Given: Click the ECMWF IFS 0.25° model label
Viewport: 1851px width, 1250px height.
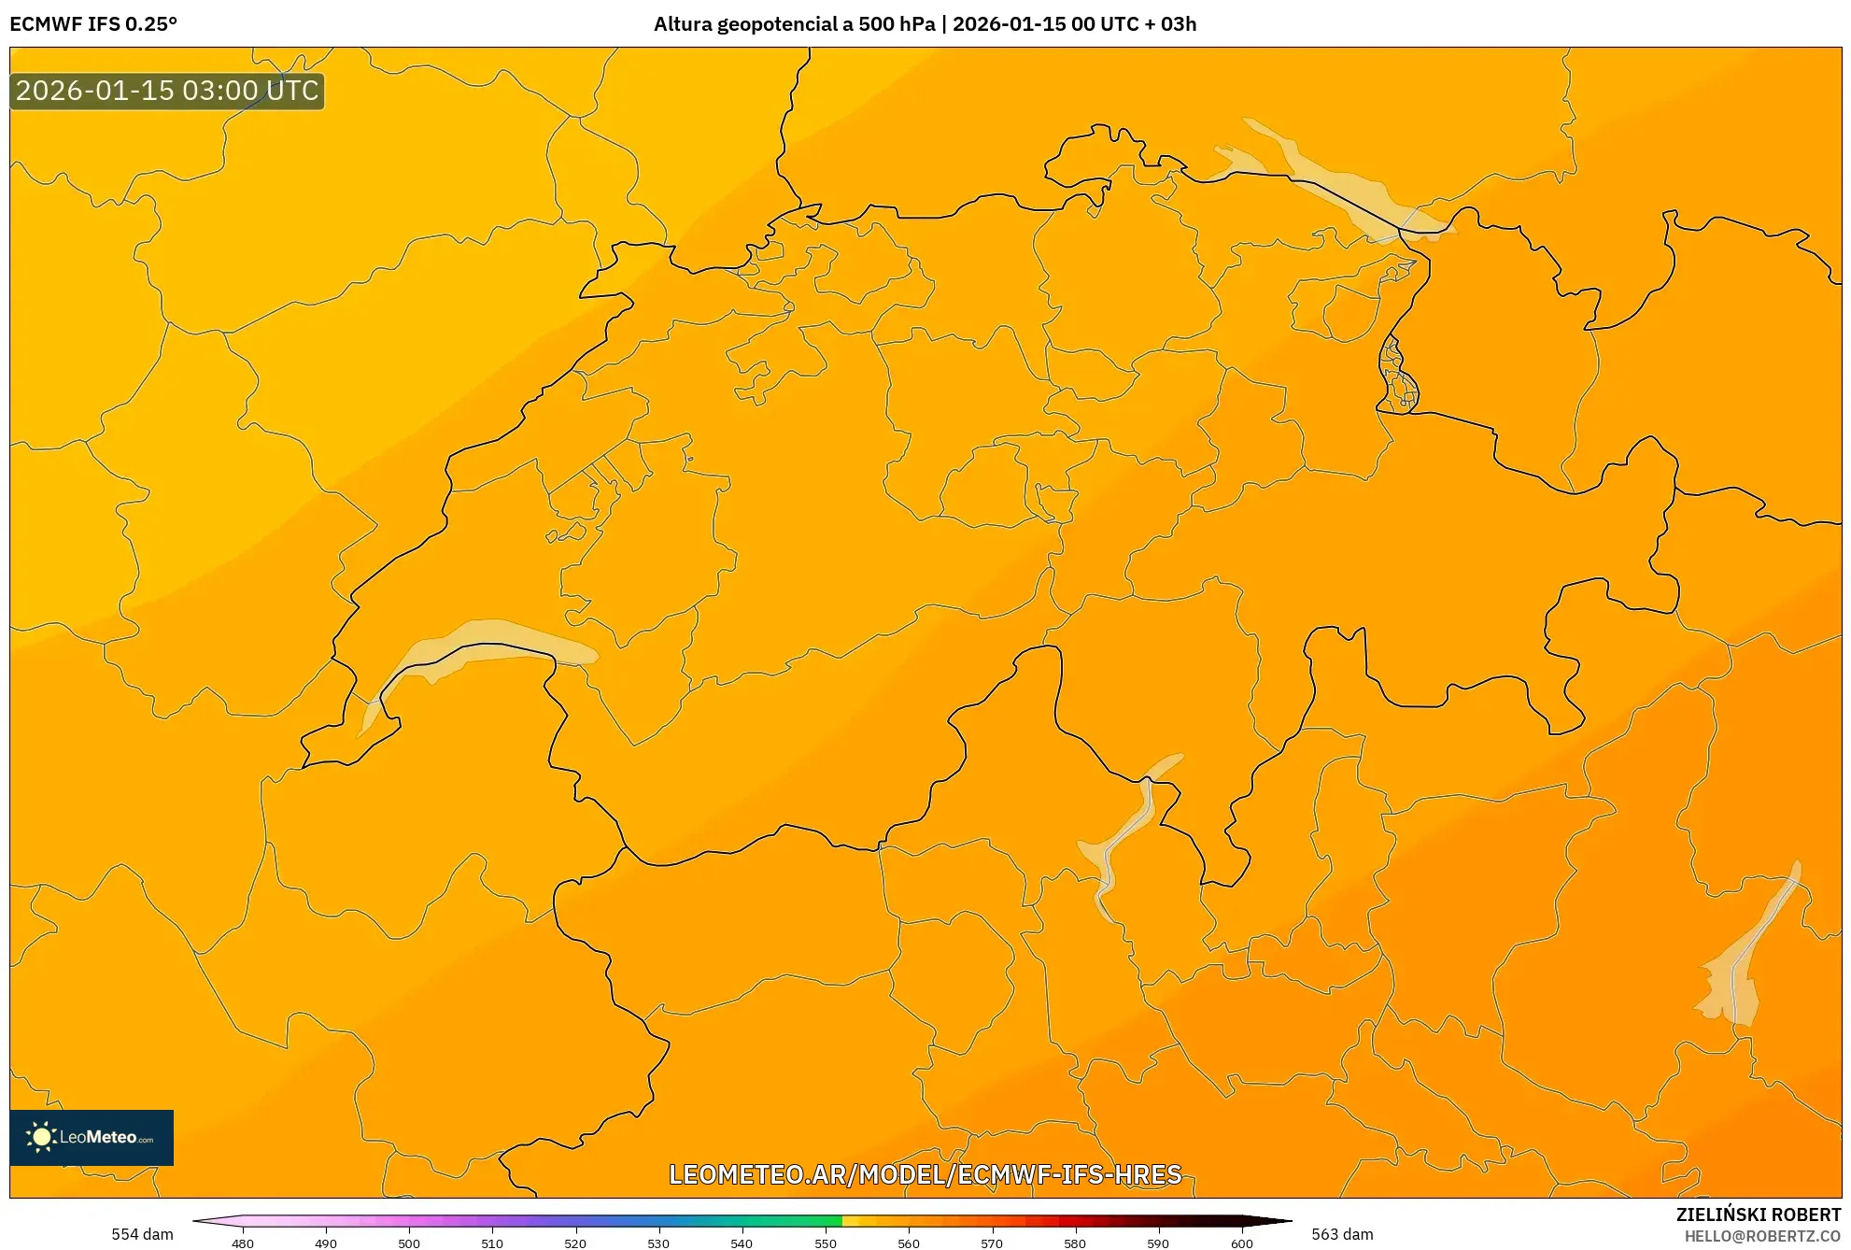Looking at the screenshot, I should tap(93, 24).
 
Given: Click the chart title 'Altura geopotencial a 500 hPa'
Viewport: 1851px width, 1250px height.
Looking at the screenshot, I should tap(794, 24).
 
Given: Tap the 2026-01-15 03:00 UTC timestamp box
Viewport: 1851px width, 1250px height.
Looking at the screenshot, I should tap(167, 92).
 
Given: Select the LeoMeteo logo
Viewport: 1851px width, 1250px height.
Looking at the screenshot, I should tap(92, 1137).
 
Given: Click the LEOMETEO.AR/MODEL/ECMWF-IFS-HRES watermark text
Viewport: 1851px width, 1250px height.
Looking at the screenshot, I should tap(925, 1174).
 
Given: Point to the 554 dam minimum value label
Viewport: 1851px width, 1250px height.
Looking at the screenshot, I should tap(142, 1234).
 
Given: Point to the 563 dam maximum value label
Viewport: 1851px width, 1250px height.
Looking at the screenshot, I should tap(1342, 1234).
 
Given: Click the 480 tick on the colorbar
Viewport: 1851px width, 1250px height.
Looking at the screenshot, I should tap(243, 1243).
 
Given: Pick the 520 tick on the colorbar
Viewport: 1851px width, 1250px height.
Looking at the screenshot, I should tap(575, 1243).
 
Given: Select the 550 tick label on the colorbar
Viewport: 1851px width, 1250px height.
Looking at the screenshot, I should tap(826, 1243).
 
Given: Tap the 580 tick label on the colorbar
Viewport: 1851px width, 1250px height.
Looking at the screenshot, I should tap(1075, 1243).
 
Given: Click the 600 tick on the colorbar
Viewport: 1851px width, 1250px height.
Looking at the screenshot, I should tap(1241, 1243).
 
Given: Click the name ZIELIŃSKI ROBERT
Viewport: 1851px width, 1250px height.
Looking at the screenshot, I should tap(1758, 1214).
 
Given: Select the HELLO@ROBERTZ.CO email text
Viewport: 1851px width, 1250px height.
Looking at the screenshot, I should tap(1761, 1236).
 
